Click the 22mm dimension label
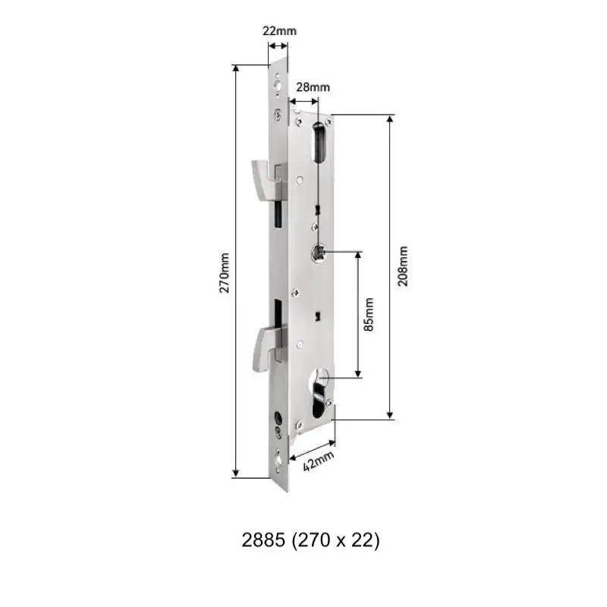pyautogui.click(x=279, y=31)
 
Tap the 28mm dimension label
pyautogui.click(x=307, y=87)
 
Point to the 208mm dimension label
pyautogui.click(x=402, y=266)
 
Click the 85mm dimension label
pyautogui.click(x=370, y=314)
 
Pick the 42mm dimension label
pyautogui.click(x=319, y=460)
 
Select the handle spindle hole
pyautogui.click(x=321, y=253)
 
